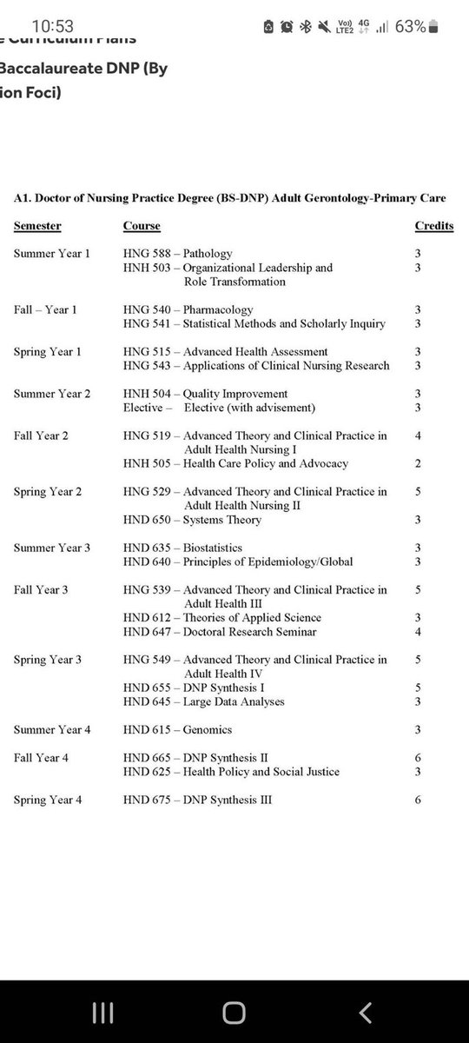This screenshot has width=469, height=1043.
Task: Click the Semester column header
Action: coord(37,226)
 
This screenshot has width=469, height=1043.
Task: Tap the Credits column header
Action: coord(433,226)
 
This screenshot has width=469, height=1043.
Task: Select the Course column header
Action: coord(142,226)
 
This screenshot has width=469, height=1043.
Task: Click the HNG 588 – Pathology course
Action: coord(178,254)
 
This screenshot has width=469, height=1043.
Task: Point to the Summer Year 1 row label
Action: coord(51,254)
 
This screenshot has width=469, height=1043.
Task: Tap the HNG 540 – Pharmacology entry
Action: coord(188,309)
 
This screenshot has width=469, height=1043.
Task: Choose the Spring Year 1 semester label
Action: coord(48,351)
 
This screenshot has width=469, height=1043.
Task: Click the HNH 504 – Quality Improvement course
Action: coord(206,394)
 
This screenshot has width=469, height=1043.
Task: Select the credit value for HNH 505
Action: coord(418,463)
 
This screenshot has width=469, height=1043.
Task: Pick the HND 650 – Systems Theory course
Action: coord(192,520)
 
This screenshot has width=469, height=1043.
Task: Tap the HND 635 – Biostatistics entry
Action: coord(182,548)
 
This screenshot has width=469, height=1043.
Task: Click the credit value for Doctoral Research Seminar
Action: coord(418,632)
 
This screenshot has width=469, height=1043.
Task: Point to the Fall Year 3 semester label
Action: coord(43,589)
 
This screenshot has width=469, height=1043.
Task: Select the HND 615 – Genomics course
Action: coord(177,729)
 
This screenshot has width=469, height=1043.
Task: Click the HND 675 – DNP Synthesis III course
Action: coord(197,800)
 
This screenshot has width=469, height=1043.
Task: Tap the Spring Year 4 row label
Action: coord(48,800)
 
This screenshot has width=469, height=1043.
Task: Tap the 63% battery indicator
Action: coord(410,27)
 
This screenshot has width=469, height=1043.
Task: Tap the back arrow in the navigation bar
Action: coord(366,1012)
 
